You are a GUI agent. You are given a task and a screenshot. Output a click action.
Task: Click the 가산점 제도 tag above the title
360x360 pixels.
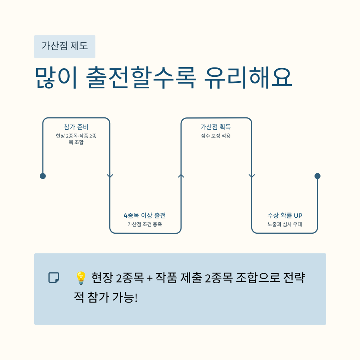(x=64, y=47)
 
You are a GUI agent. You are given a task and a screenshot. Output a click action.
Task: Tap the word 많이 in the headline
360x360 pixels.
(x=56, y=78)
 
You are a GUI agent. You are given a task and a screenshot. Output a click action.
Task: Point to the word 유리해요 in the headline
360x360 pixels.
(x=248, y=78)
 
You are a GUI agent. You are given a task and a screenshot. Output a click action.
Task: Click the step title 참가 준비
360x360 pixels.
(x=76, y=127)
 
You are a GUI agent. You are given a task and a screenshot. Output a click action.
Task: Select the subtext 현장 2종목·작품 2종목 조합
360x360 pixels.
(x=76, y=139)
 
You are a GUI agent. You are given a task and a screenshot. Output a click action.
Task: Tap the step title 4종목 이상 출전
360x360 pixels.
(x=145, y=215)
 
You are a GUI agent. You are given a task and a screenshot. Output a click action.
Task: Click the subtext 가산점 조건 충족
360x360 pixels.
(x=145, y=224)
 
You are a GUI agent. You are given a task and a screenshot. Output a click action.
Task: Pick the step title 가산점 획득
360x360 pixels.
(x=216, y=127)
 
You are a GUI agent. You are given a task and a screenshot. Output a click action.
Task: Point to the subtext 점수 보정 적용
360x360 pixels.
(x=216, y=136)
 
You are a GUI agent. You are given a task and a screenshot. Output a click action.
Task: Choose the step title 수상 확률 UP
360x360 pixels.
(x=284, y=215)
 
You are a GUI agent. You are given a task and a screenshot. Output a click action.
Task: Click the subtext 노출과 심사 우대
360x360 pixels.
(x=284, y=224)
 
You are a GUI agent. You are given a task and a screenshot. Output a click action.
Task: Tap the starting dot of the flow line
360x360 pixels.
(x=43, y=176)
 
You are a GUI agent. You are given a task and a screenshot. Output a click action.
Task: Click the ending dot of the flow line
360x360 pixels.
(x=318, y=176)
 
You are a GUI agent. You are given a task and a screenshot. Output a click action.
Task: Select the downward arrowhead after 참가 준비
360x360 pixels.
(x=110, y=176)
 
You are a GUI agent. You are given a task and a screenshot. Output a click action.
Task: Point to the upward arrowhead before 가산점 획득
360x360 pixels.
(x=181, y=176)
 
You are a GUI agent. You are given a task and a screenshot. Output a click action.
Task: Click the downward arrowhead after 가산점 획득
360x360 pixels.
(x=252, y=176)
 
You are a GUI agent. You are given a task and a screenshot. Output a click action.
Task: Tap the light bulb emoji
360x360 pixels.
(x=80, y=278)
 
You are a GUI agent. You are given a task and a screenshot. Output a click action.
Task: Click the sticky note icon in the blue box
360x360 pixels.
(x=54, y=278)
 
